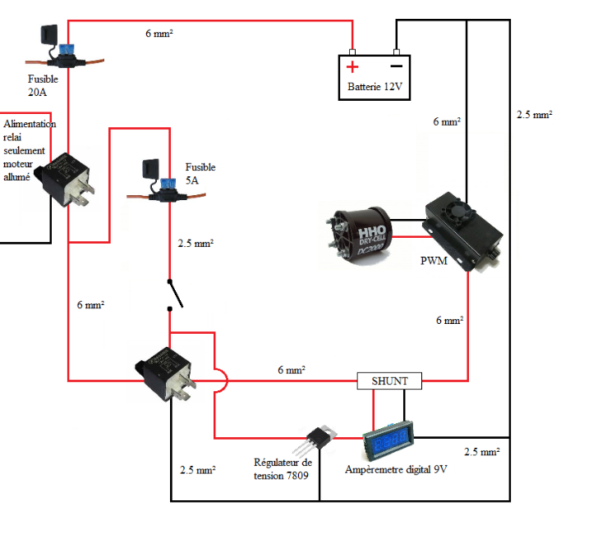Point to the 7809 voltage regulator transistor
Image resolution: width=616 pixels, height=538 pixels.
321,443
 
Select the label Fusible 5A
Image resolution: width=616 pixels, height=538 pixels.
200,173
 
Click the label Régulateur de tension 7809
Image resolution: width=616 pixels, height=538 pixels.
283,469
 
